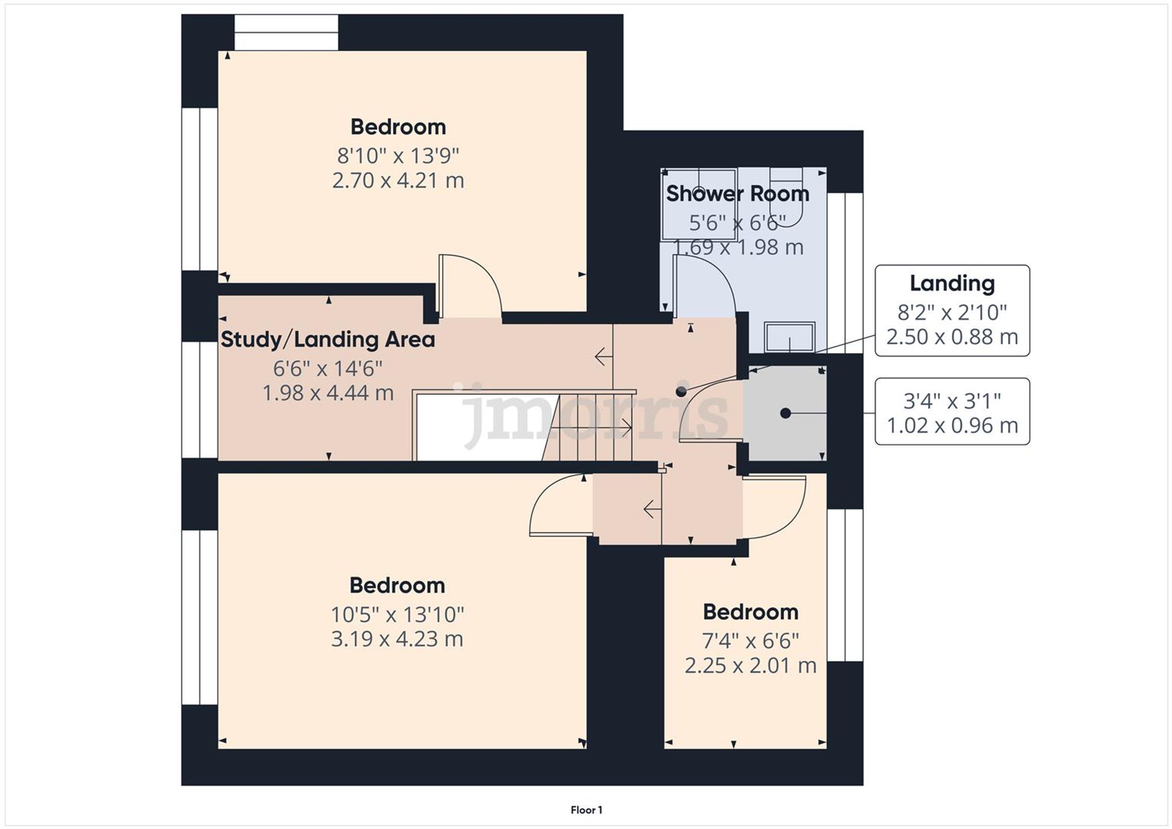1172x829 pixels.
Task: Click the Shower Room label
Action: tap(737, 194)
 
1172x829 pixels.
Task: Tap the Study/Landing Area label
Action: tap(328, 340)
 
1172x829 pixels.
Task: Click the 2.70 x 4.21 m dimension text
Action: tap(398, 180)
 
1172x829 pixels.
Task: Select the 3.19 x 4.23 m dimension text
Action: tap(397, 639)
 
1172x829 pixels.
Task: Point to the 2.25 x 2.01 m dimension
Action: tap(750, 666)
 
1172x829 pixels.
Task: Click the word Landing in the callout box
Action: tap(952, 284)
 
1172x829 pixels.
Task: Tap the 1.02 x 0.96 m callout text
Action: tap(952, 426)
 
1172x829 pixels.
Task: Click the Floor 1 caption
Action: tap(586, 810)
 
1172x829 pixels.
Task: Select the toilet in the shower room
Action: tap(785, 193)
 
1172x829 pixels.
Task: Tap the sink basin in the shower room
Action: tap(789, 337)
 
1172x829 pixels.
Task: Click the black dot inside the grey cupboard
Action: tap(785, 414)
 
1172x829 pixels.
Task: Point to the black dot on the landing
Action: tap(681, 391)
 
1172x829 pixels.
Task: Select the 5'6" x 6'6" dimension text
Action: tap(737, 223)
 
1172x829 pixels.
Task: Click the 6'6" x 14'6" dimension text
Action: tap(328, 369)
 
